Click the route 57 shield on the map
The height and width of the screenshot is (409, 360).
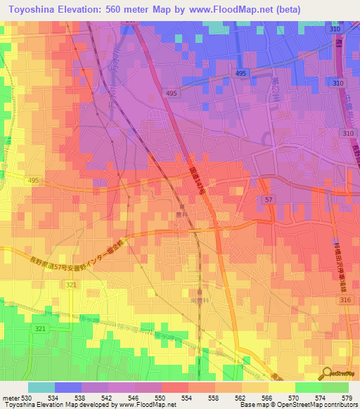[268, 200]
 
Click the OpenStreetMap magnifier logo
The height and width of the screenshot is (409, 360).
[327, 374]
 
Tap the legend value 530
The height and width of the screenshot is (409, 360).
[27, 398]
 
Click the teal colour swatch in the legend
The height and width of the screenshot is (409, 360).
[41, 387]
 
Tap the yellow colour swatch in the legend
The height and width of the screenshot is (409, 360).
[281, 387]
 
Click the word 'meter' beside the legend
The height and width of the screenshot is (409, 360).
[10, 398]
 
